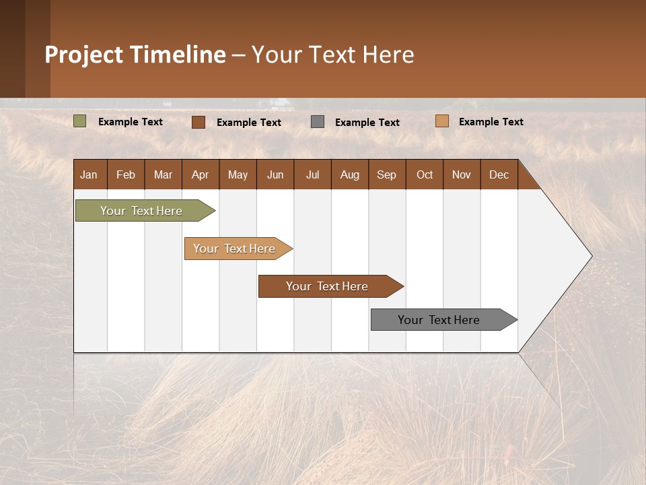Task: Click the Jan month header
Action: click(89, 174)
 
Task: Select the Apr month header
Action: click(201, 174)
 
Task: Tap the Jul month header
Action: click(312, 174)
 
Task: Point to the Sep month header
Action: click(387, 174)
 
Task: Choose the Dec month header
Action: click(499, 174)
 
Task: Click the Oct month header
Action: click(425, 174)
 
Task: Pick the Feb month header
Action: click(126, 174)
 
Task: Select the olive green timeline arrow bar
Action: click(142, 211)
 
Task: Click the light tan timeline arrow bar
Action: click(235, 249)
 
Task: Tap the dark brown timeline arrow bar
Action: click(328, 286)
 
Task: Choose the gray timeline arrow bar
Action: click(439, 320)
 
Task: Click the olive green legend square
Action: click(80, 121)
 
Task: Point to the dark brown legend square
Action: click(199, 122)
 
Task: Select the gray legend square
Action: click(318, 122)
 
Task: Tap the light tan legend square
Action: click(442, 121)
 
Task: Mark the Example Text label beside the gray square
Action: click(367, 123)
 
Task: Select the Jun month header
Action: click(275, 174)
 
